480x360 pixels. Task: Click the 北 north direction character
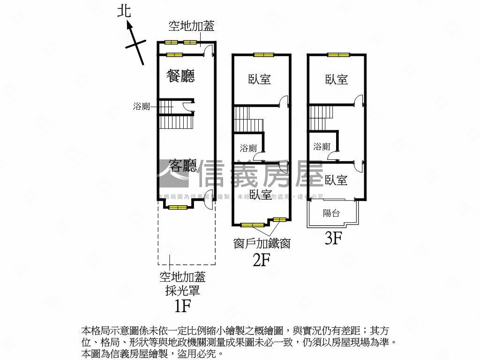(x=124, y=10)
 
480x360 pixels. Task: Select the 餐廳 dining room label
(x=180, y=76)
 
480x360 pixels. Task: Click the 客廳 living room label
(x=182, y=165)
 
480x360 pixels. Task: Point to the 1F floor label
(x=182, y=306)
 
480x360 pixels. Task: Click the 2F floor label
(x=262, y=259)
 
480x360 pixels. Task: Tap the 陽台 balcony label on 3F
(x=331, y=213)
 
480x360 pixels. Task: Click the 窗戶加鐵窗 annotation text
(x=262, y=243)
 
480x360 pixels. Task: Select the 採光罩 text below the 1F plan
(x=182, y=291)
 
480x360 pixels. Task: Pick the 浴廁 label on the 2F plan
(x=248, y=148)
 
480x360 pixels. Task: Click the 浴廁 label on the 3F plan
(x=322, y=147)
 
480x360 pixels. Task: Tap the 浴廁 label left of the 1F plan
(x=142, y=106)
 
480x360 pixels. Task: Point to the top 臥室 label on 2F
(x=260, y=79)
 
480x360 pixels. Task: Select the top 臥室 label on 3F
(x=337, y=79)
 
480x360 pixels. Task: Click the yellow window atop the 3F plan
(x=339, y=55)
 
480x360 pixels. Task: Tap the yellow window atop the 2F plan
(x=263, y=55)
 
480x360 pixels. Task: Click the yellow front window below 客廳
(x=178, y=207)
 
